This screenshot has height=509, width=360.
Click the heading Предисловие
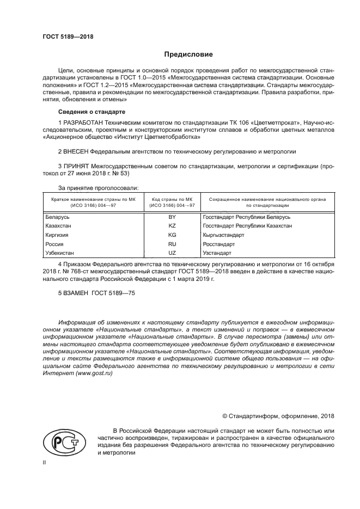pyautogui.click(x=189, y=54)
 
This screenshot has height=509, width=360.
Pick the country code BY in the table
pyautogui.click(x=172, y=217)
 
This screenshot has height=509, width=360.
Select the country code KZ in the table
pyautogui.click(x=172, y=225)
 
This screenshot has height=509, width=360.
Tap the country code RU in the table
pyautogui.click(x=172, y=244)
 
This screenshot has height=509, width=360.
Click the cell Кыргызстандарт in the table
pyautogui.click(x=223, y=235)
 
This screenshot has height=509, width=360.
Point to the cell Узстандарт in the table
pyautogui.click(x=217, y=253)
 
